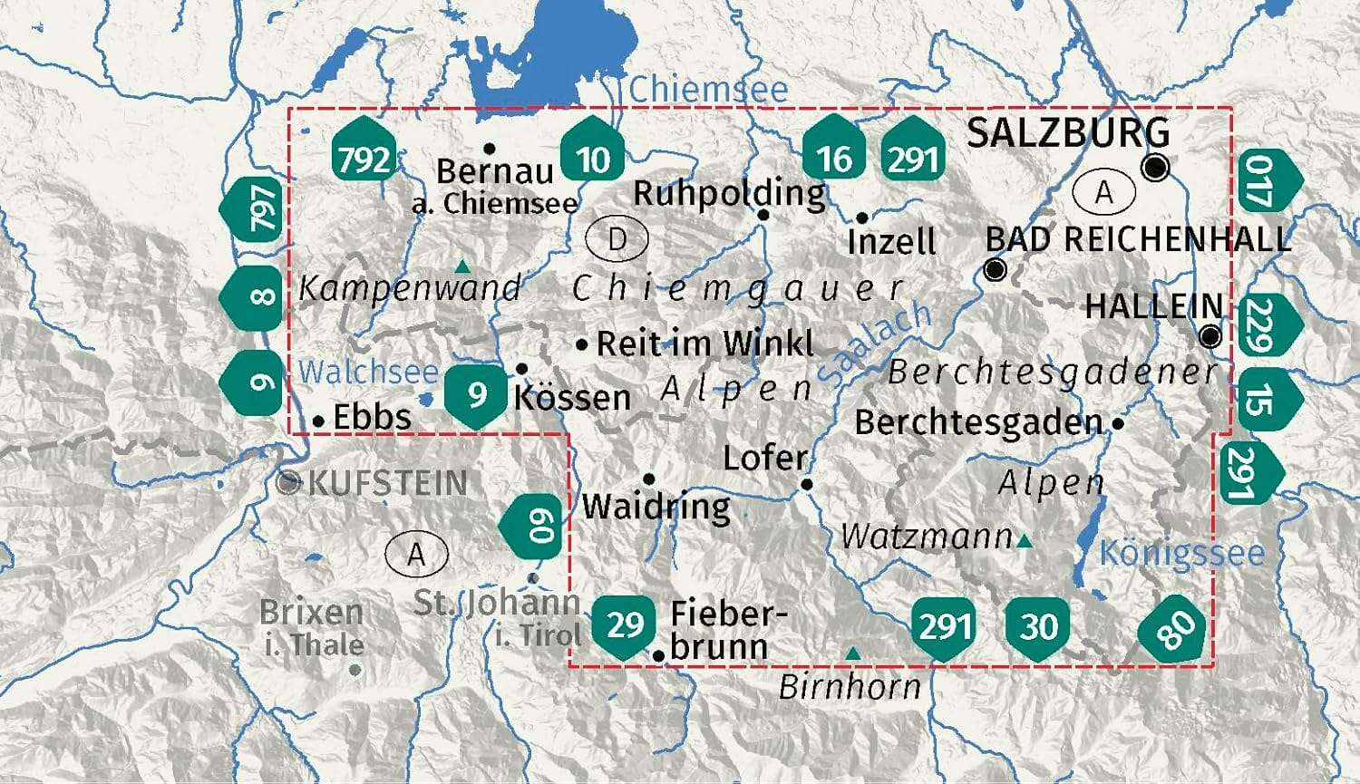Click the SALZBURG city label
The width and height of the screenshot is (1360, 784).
click(1067, 133)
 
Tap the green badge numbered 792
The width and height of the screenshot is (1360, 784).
click(364, 157)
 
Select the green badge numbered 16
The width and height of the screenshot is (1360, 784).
click(833, 155)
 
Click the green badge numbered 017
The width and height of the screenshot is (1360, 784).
click(1264, 181)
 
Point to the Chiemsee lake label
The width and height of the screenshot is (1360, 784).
click(707, 89)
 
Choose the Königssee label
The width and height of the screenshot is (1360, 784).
click(1181, 552)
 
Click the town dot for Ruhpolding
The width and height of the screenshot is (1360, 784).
click(763, 215)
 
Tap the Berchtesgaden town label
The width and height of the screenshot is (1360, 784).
click(978, 422)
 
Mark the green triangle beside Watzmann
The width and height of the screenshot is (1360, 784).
click(1025, 541)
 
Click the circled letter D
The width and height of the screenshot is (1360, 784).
click(617, 239)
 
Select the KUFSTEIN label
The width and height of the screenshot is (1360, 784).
click(387, 483)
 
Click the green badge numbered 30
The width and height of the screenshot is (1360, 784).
click(1038, 625)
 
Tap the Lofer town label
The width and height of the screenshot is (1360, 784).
click(764, 458)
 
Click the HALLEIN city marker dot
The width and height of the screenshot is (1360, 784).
click(1209, 337)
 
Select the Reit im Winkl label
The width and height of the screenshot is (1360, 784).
click(705, 344)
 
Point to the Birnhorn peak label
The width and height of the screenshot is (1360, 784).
click(850, 687)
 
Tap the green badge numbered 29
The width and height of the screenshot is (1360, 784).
click(625, 624)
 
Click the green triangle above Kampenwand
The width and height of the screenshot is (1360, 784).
click(462, 266)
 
